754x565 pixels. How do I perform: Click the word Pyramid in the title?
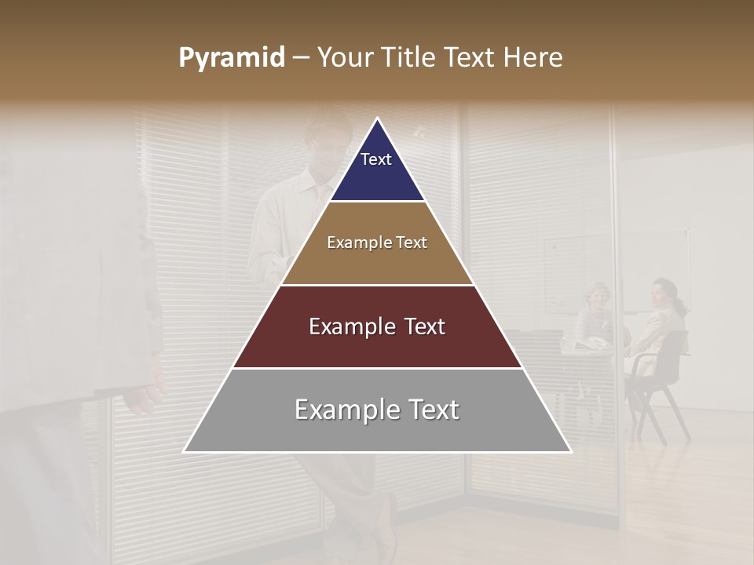click(231, 58)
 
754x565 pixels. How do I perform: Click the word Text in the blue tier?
click(375, 159)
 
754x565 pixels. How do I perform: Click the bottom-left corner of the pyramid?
click(185, 452)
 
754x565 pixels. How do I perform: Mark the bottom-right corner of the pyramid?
click(571, 452)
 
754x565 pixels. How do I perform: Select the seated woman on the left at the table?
click(595, 314)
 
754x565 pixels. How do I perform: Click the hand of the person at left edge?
click(145, 396)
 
